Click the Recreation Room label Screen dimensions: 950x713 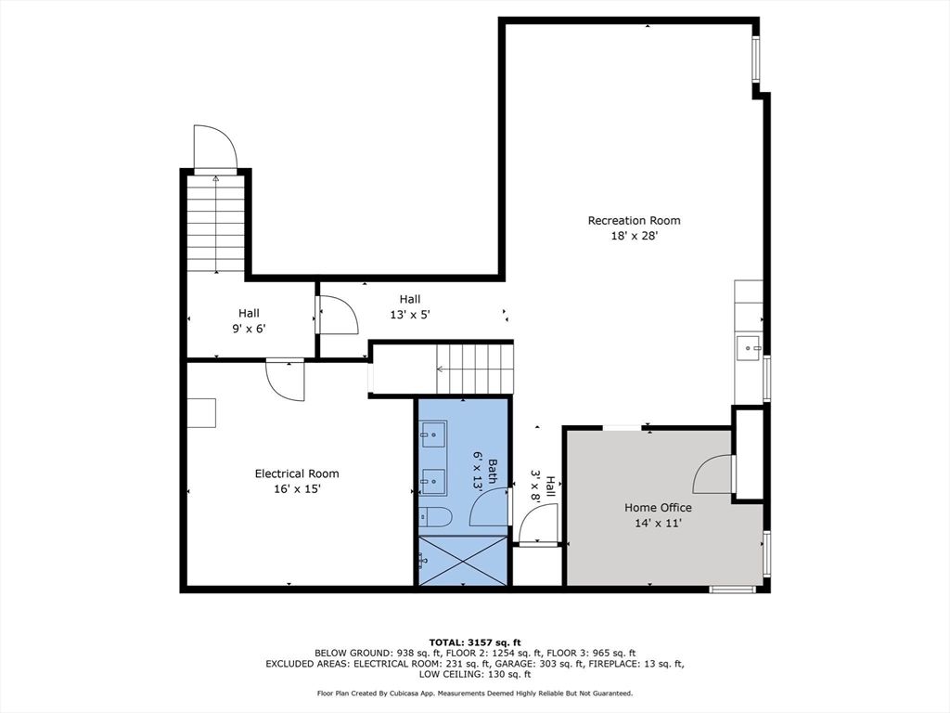tap(634, 220)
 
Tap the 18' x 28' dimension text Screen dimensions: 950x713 tap(634, 236)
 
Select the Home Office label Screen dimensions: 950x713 tap(658, 508)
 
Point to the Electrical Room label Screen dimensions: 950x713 tap(297, 473)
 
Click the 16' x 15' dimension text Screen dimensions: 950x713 tap(297, 488)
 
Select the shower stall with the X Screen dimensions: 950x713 tap(462, 561)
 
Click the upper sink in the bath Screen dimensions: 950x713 tap(432, 434)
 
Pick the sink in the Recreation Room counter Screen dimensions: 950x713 tap(749, 349)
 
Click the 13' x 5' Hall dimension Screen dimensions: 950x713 tap(410, 315)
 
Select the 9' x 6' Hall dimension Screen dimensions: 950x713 tap(249, 329)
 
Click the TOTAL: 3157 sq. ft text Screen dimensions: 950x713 tap(475, 642)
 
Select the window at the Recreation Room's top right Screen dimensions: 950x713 tap(756, 58)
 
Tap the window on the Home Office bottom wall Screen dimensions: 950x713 tap(733, 589)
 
